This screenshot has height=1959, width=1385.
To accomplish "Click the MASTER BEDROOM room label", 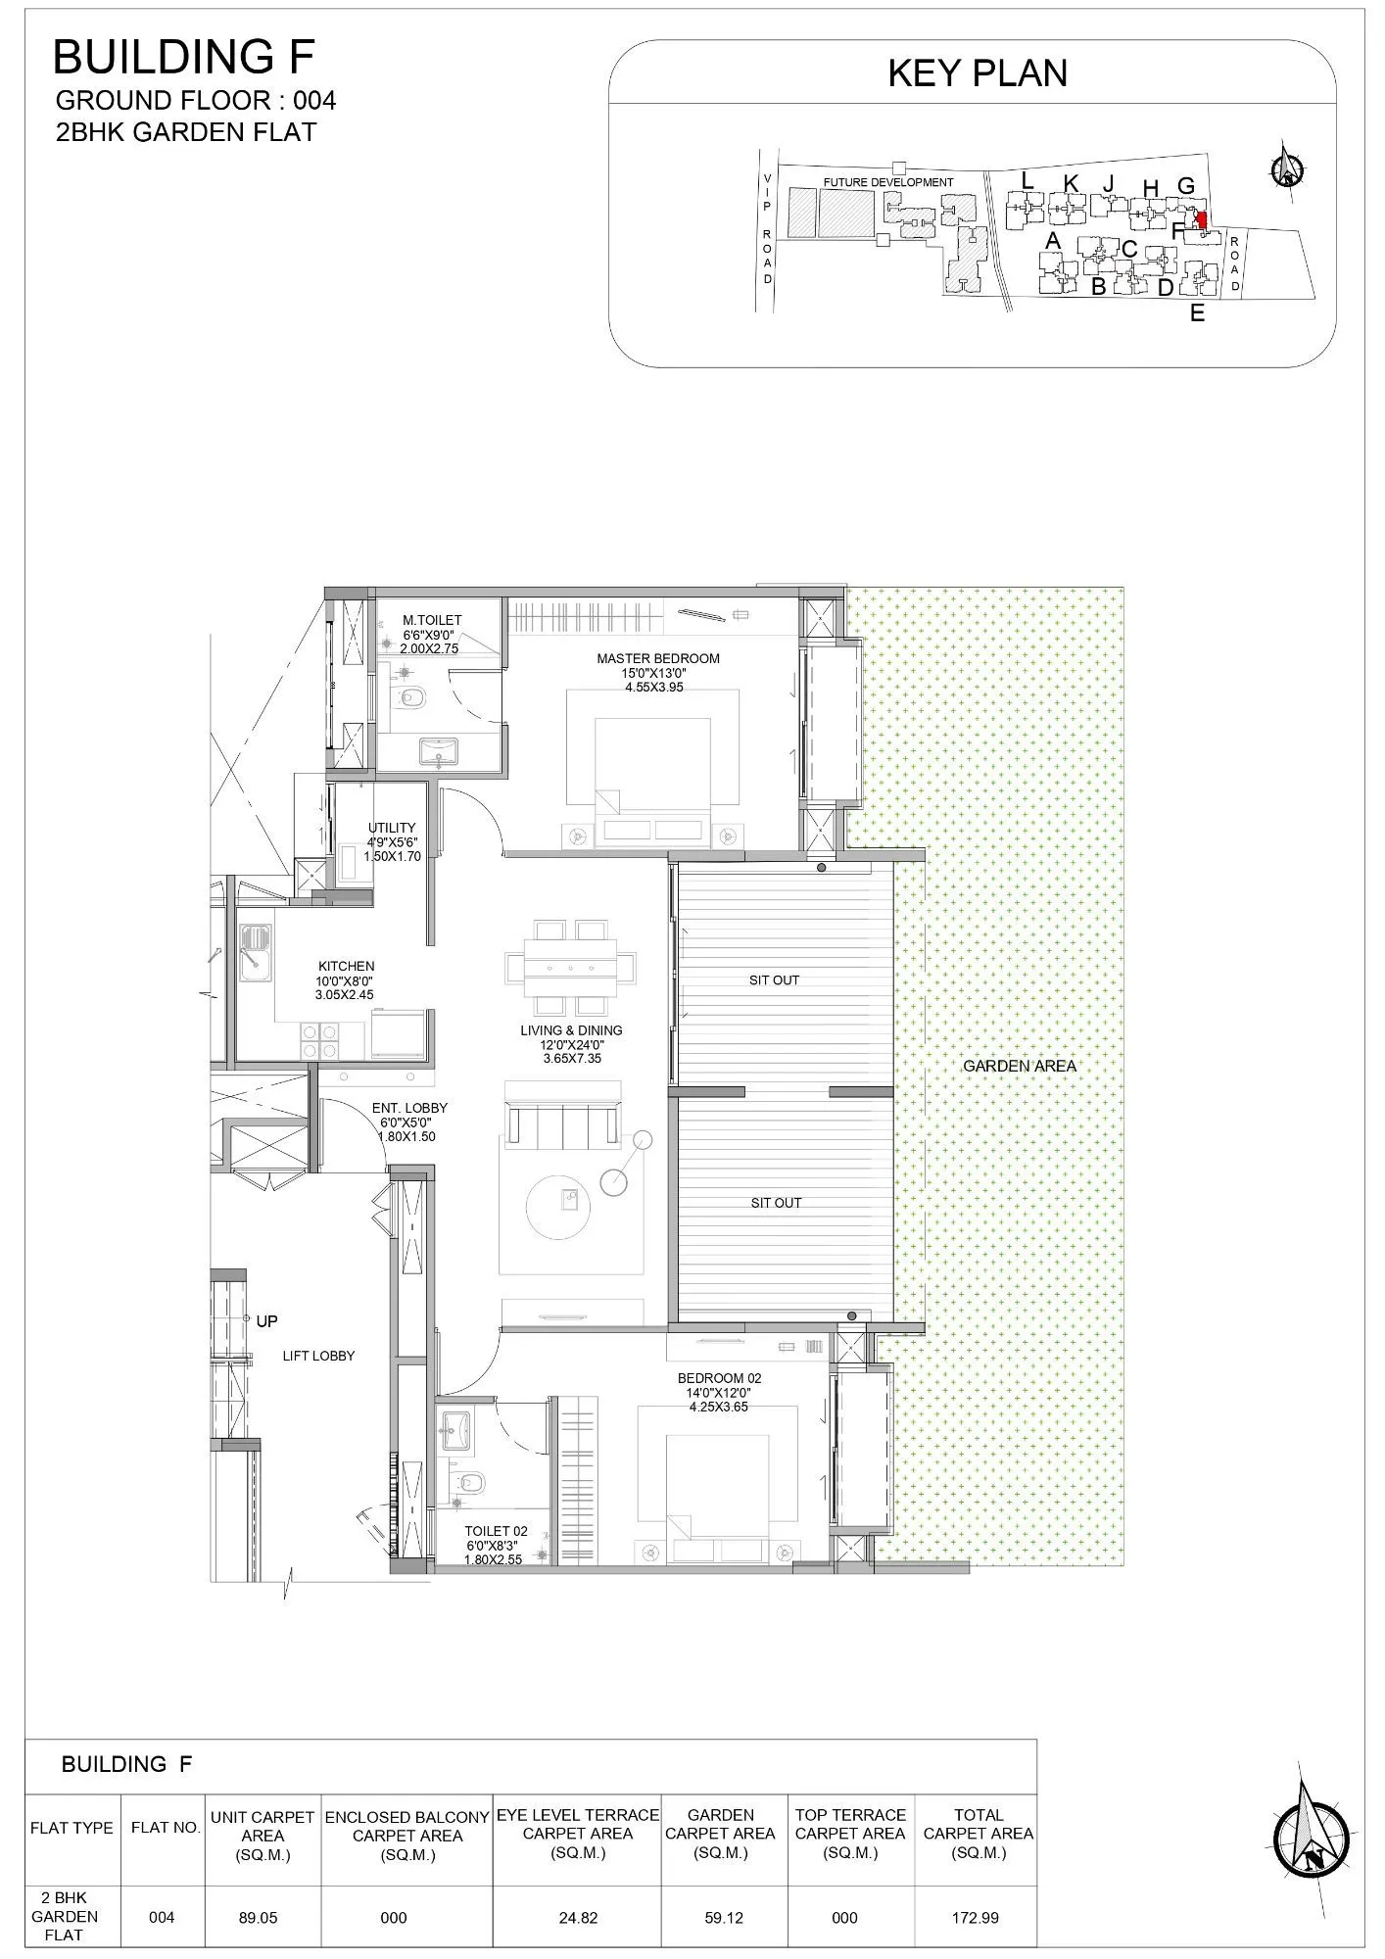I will coord(658,659).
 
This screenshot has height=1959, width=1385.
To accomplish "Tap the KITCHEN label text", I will coord(346,967).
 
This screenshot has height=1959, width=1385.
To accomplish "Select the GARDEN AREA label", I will coord(1019,1066).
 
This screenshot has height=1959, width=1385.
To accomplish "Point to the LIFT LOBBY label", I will coord(318,1356).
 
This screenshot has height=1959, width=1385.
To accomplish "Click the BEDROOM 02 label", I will coord(719,1378).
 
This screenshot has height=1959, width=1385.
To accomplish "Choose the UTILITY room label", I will coord(392,828).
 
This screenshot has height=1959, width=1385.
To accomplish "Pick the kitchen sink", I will coord(256,954).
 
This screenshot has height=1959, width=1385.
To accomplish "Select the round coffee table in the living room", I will coord(559,1205).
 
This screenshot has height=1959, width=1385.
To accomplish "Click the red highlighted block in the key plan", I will coord(1202,220).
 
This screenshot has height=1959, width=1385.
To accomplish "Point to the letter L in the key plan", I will coord(1027,181).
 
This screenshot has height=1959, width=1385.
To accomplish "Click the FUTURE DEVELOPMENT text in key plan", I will coord(887,183).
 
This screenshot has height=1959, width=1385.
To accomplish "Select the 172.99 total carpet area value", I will coord(977,1918).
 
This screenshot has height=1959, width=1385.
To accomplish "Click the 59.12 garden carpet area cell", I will coord(723,1918).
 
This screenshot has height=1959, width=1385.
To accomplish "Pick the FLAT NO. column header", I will coord(165,1828).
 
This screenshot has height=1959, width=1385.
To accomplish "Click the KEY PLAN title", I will coord(977,74).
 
